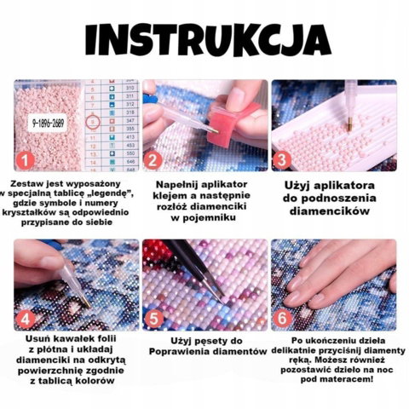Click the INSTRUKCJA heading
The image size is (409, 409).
(208, 40)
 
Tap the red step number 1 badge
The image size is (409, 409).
(25, 160)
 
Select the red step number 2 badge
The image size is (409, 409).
(153, 160)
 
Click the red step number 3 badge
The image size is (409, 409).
(281, 160)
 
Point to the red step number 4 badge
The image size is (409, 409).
(25, 319)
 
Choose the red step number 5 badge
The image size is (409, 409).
(153, 319)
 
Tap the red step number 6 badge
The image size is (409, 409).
(282, 318)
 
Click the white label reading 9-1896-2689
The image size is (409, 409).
(48, 123)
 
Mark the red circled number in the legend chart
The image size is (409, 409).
(93, 122)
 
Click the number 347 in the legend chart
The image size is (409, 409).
(130, 121)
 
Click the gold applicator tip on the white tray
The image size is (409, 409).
(349, 126)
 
